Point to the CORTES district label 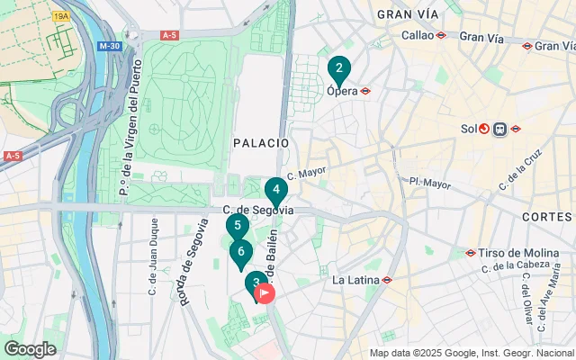click(x=546, y=217)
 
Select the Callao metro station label click(x=418, y=35)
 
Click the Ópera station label click(x=343, y=90)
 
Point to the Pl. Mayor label click(x=429, y=183)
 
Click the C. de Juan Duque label click(x=153, y=257)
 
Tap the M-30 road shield click(x=110, y=46)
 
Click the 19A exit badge click(x=61, y=16)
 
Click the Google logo click(x=30, y=349)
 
